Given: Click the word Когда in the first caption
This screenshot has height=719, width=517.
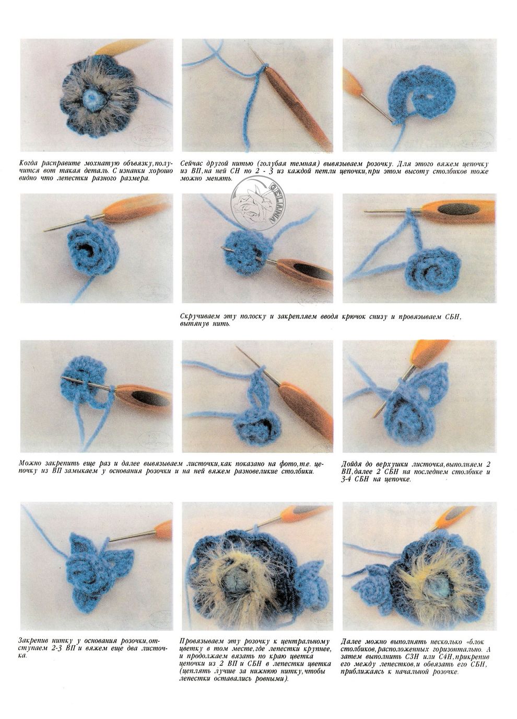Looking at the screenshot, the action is [29, 163].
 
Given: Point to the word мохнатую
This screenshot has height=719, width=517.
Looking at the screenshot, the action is [101, 163].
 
